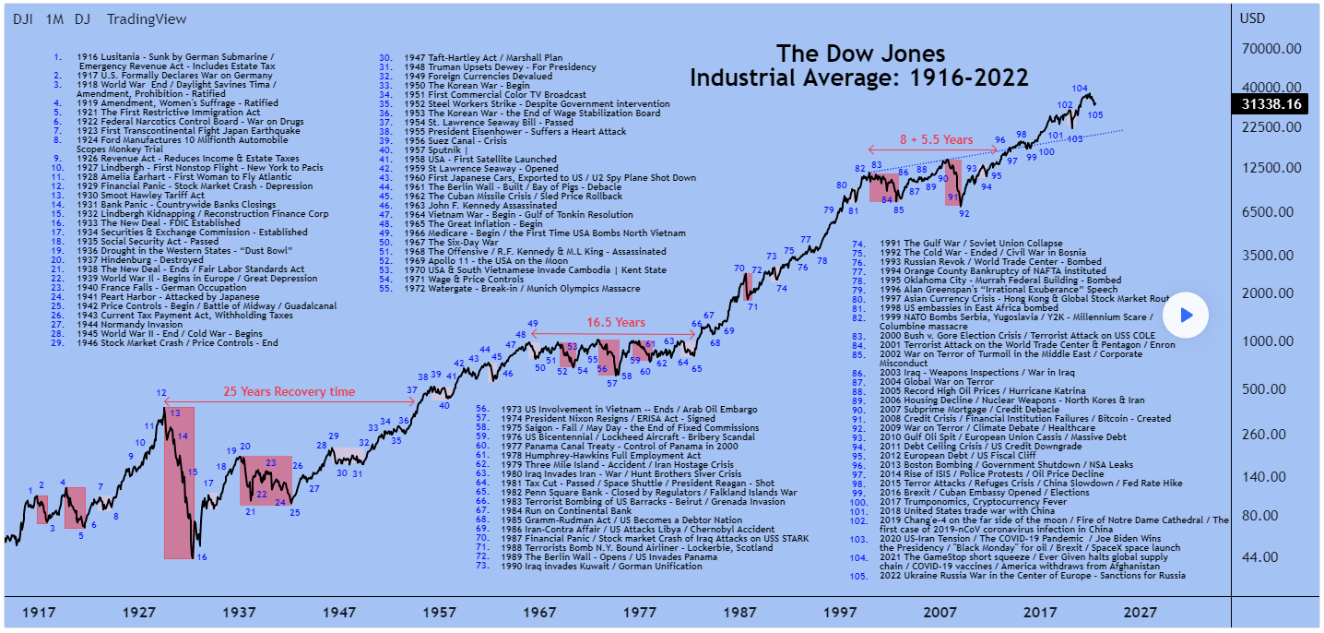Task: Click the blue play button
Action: (1186, 316)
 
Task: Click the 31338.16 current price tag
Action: (1273, 104)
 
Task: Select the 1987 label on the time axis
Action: (740, 612)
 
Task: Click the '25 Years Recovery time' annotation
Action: (289, 392)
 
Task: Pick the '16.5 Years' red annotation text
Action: (616, 323)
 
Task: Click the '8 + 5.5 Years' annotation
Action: (936, 139)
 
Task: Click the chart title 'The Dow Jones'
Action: (859, 54)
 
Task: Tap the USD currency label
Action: (1252, 18)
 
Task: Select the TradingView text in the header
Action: (146, 19)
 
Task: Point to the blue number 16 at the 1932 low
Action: (202, 557)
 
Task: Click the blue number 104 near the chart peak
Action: (1081, 89)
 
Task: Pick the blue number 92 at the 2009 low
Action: (964, 213)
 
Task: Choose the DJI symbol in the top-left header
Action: (23, 19)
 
